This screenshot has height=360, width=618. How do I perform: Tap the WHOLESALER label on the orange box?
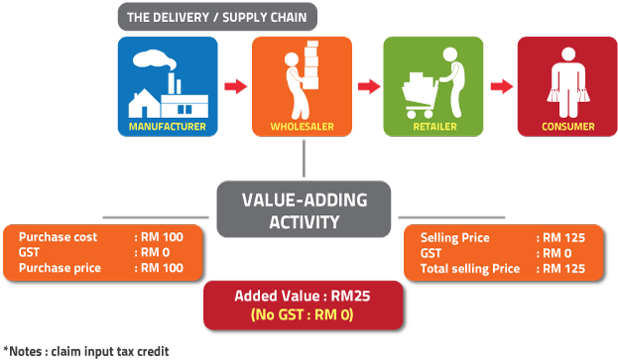pyautogui.click(x=302, y=127)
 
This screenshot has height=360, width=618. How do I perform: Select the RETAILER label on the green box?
pyautogui.click(x=433, y=127)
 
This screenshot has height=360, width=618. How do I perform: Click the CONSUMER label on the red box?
pyautogui.click(x=567, y=127)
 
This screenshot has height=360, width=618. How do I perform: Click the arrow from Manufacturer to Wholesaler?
pyautogui.click(x=234, y=87)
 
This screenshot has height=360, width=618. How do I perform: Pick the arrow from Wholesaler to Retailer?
pyautogui.click(x=369, y=87)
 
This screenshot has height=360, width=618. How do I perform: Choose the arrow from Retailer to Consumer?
pyautogui.click(x=499, y=87)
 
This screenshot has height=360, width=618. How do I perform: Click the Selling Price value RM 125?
pyautogui.click(x=559, y=238)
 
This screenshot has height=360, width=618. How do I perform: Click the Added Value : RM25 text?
pyautogui.click(x=304, y=296)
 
